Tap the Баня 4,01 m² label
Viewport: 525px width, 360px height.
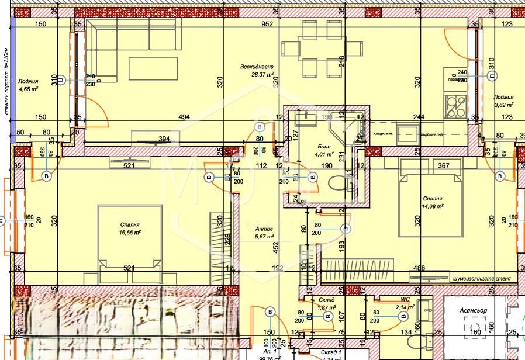324,150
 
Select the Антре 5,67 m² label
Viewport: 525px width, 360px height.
264,233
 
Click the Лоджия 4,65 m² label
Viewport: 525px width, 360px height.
28,85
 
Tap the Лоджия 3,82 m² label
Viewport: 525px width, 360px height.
503,101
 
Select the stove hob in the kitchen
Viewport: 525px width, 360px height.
455,105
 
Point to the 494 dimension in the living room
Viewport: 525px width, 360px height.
184,117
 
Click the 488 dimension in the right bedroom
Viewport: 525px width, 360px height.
419,268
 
